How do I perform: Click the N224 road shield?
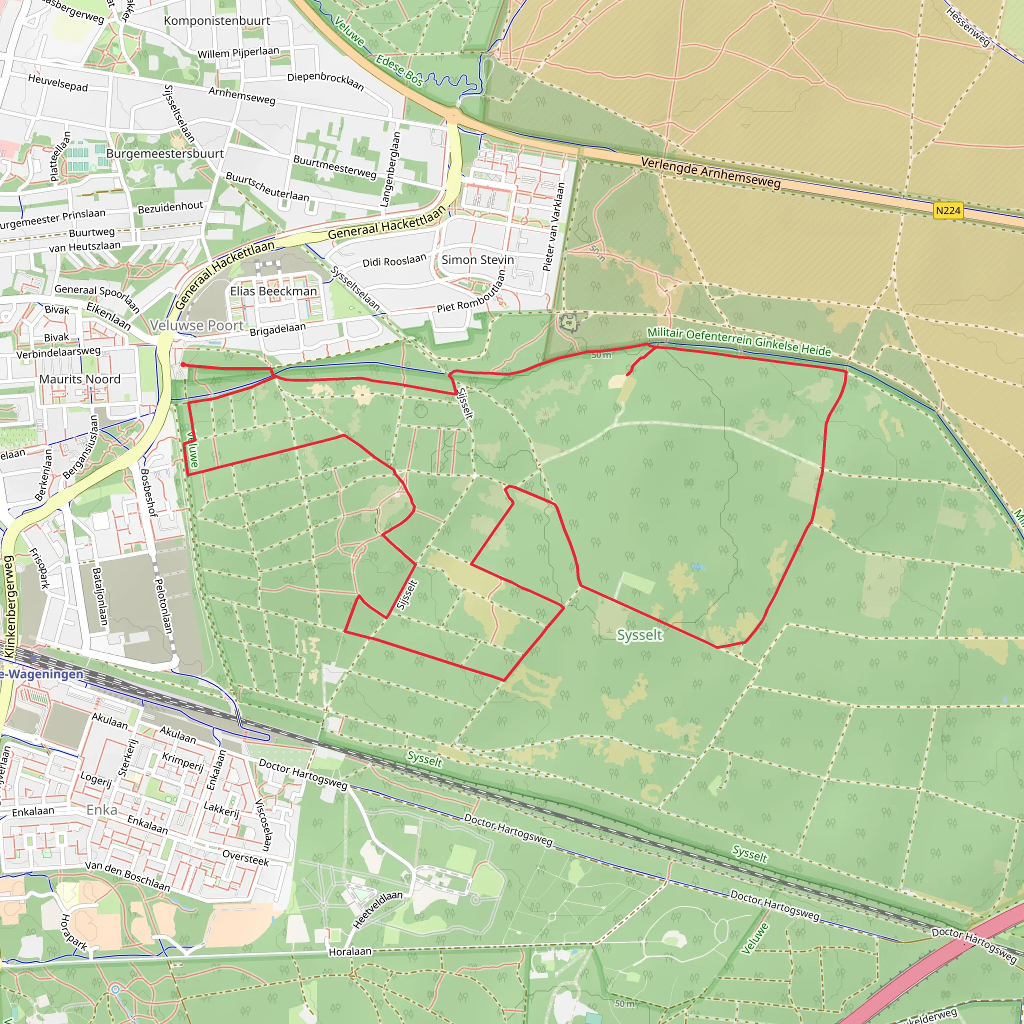947,211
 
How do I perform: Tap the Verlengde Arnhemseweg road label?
710,173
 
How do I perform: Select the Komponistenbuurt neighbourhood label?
217,20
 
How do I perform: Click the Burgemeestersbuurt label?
165,153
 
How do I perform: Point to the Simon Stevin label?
477,259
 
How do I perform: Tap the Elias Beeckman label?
273,291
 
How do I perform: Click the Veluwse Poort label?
196,325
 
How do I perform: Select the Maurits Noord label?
80,379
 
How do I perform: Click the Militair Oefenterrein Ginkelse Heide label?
739,341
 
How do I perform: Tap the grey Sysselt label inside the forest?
639,634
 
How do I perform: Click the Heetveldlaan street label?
377,909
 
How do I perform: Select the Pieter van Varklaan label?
554,227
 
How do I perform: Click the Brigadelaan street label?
277,329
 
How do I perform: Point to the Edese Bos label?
399,70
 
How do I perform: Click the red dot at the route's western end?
183,364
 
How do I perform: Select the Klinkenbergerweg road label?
9,606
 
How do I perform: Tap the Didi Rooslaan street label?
394,261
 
